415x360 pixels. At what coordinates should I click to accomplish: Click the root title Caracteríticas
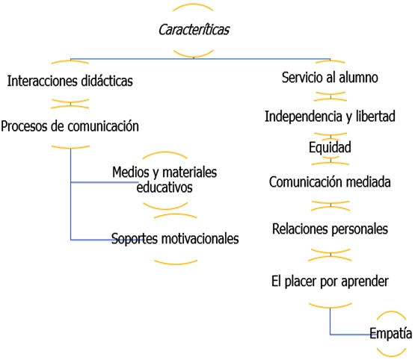click(194, 30)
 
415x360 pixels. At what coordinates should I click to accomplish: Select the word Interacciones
click(42, 81)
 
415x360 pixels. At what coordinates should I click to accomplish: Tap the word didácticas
click(107, 81)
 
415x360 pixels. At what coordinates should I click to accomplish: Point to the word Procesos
click(24, 126)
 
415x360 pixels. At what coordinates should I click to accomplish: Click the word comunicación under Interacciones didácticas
click(103, 126)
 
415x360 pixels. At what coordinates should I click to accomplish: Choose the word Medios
click(131, 172)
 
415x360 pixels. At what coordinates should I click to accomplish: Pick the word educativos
click(165, 187)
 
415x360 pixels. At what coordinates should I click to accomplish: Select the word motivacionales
click(200, 238)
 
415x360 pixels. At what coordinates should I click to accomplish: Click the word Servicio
click(302, 78)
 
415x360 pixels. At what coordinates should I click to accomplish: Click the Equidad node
click(330, 147)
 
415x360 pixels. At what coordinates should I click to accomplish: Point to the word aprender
click(365, 282)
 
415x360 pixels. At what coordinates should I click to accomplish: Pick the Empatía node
click(390, 333)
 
